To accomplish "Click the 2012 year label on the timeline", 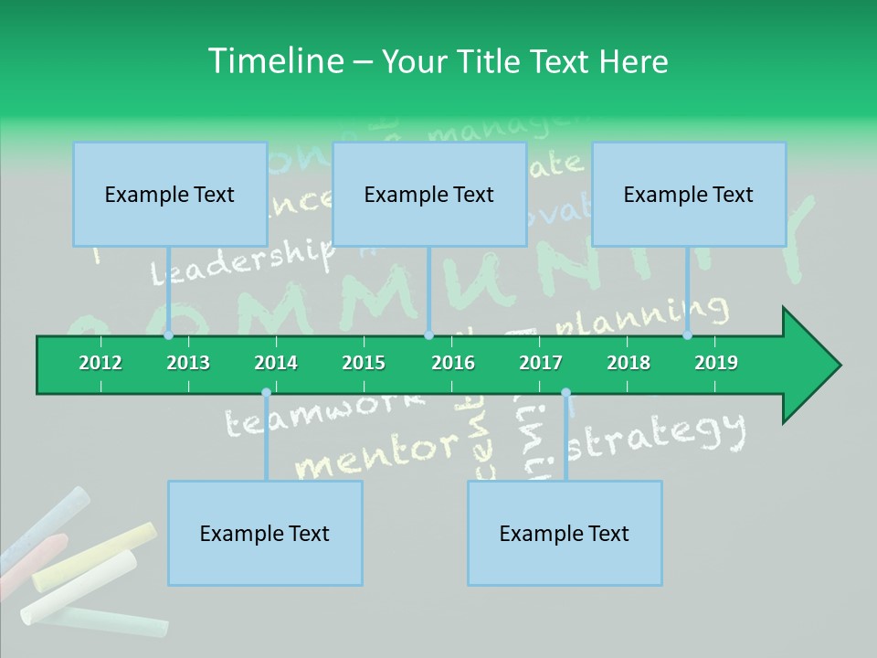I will coord(100,363).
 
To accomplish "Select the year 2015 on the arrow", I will coord(364,363).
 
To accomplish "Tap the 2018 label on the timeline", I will coord(629,363).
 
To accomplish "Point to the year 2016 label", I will coord(453,363).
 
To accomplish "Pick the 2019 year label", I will coord(716,363).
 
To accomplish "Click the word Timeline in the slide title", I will coord(274,61).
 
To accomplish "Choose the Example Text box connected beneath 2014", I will coord(265,533).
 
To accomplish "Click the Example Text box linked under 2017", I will coord(565,533).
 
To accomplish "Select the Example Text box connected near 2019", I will coord(689,194).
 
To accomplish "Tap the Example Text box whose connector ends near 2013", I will coord(170,194).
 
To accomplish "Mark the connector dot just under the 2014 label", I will coord(266,393).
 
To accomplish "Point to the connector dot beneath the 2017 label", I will coord(565,393).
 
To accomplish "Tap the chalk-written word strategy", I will coord(663,434).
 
